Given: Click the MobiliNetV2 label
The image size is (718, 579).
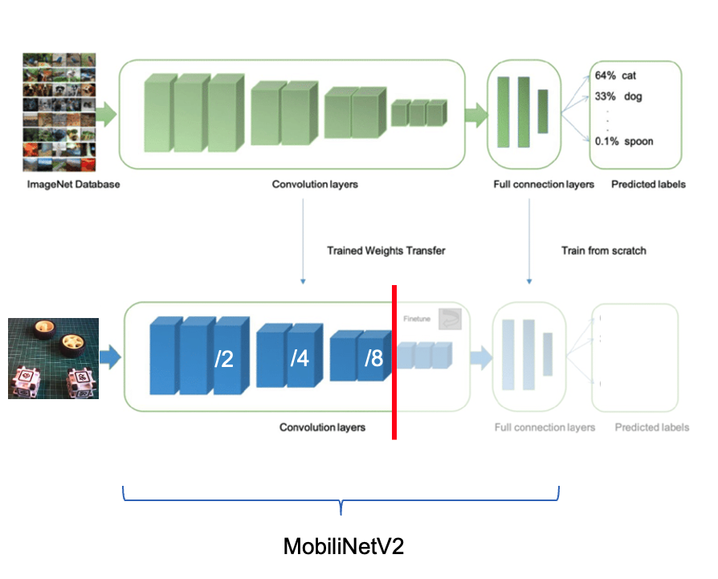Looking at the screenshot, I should pyautogui.click(x=343, y=547).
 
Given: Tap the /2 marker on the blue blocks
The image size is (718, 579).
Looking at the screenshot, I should pyautogui.click(x=223, y=358).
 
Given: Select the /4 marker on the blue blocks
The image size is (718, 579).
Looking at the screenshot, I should pyautogui.click(x=299, y=358).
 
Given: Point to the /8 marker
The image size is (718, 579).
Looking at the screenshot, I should pyautogui.click(x=373, y=358).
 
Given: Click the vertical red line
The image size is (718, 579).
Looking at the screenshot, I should pyautogui.click(x=394, y=361).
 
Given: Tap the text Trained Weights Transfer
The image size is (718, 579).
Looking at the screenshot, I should pyautogui.click(x=386, y=251).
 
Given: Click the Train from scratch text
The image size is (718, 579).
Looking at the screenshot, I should pyautogui.click(x=603, y=251).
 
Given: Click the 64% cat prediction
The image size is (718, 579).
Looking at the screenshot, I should pyautogui.click(x=615, y=75).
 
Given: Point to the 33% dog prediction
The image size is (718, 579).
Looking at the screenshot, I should pyautogui.click(x=618, y=97).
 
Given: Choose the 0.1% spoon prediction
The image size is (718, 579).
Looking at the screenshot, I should pyautogui.click(x=623, y=141).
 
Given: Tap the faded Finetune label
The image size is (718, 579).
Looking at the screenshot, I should pyautogui.click(x=416, y=319).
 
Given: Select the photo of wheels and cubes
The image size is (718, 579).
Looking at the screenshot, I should pyautogui.click(x=53, y=358).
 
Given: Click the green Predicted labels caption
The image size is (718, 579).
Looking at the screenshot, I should pyautogui.click(x=648, y=184).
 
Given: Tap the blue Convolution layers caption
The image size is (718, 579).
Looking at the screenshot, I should pyautogui.click(x=322, y=427).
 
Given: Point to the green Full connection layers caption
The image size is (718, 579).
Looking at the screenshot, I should pyautogui.click(x=544, y=184).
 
